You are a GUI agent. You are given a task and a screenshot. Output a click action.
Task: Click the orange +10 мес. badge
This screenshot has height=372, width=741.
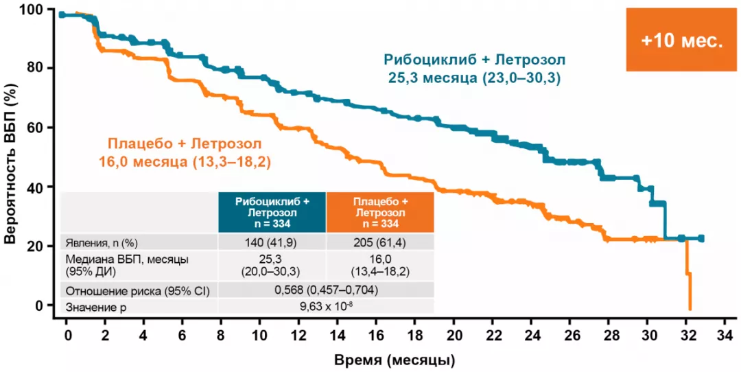pos(681,40)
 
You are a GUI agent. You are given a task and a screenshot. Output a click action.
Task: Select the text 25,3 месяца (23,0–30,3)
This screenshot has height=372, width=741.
pos(471,78)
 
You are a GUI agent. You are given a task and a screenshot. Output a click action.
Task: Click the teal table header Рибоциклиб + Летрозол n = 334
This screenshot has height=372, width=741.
pos(272,212)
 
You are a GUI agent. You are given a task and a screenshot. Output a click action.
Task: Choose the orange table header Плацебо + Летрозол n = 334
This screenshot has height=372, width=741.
pos(380,212)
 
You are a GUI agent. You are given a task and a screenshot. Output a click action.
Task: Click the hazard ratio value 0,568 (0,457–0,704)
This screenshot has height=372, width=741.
pos(326,290)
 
